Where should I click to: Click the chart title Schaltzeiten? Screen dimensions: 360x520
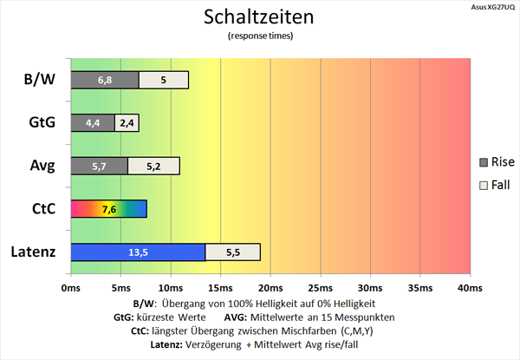pos(260,16)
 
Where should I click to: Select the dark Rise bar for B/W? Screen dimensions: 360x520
pos(104,80)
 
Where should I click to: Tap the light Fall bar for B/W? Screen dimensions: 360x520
pos(164,80)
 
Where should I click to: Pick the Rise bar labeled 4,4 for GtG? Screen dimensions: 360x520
pos(92,122)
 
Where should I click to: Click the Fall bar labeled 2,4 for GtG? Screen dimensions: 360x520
pos(127,122)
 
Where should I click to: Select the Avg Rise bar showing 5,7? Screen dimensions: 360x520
pos(99,166)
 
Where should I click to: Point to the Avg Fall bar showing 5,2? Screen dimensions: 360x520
pos(153,166)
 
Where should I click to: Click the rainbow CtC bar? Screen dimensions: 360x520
pos(108,209)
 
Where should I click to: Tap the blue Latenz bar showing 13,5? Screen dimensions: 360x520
pos(137,252)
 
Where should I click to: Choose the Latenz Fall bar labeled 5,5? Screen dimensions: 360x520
pos(232,252)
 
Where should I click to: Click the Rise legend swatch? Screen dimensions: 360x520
pos(484,161)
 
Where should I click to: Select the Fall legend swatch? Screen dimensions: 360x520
pos(484,185)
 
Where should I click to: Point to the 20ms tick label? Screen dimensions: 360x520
pos(270,287)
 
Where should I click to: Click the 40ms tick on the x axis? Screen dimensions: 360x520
pos(470,287)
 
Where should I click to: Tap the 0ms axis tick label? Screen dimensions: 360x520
pos(71,287)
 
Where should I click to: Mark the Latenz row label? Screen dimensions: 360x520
pos(34,252)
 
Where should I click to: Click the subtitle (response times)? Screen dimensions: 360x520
pos(260,36)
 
